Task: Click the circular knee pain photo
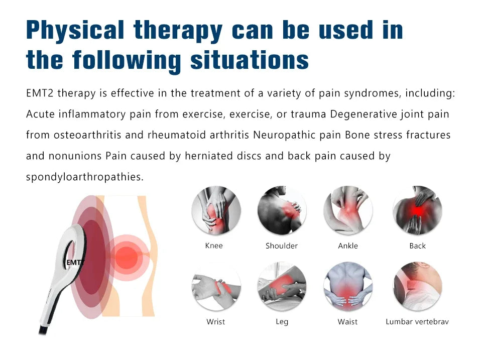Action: coord(216,210)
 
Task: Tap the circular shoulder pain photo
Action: coord(282,210)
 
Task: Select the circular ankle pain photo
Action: coord(348,210)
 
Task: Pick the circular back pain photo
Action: coord(417,210)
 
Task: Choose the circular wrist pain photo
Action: coord(216,286)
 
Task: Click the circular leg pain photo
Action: coord(282,286)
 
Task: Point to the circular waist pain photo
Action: coord(348,286)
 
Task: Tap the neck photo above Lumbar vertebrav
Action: coord(417,286)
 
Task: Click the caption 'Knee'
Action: coord(214,246)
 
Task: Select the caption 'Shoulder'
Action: coord(282,246)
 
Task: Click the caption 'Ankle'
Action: coord(348,246)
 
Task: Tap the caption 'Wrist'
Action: coord(216,321)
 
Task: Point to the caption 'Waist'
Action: coord(347,321)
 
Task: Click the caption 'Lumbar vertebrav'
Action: coord(417,321)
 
